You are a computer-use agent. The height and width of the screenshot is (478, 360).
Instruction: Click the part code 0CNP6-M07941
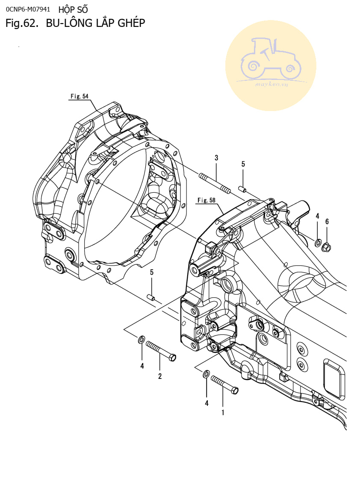(28, 9)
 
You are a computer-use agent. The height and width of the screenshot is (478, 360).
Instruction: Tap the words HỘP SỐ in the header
(73, 9)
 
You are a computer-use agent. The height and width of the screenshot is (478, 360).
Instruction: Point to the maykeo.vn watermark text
(271, 85)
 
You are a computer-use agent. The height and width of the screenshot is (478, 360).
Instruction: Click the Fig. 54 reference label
(79, 97)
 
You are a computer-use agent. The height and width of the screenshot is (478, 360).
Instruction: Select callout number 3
(216, 158)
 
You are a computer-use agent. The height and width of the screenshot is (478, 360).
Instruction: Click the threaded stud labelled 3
(215, 182)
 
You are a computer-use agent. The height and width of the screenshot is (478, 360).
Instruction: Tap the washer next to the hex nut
(318, 243)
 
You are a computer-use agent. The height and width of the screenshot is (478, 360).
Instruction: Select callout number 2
(160, 376)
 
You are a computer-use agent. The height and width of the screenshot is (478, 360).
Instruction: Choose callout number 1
(223, 413)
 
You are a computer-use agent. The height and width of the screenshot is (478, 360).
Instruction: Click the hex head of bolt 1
(235, 390)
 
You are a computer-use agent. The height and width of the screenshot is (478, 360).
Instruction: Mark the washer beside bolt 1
(206, 374)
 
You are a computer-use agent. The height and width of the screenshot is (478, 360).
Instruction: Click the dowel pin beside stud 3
(242, 188)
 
